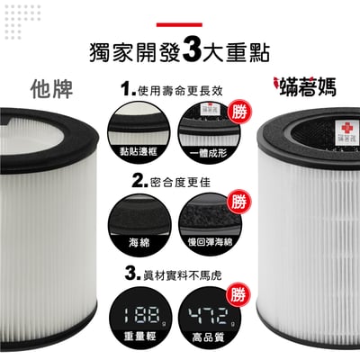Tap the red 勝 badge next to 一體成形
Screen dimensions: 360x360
[238, 112]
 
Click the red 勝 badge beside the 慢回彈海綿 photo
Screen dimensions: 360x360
[238, 202]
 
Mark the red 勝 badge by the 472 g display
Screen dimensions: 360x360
[238, 293]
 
